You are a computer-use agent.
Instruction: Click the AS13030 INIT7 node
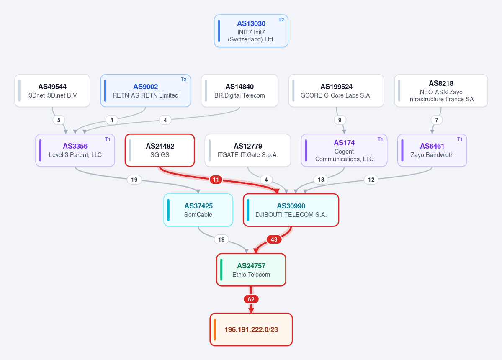pyautogui.click(x=251, y=31)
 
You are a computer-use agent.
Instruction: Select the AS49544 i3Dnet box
pyautogui.click(x=52, y=91)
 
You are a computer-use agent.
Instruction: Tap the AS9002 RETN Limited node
pyautogui.click(x=146, y=91)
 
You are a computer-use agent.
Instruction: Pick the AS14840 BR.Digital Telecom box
pyautogui.click(x=239, y=91)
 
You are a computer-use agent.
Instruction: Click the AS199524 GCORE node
pyautogui.click(x=336, y=91)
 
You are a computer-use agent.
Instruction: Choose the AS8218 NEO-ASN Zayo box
pyautogui.click(x=441, y=91)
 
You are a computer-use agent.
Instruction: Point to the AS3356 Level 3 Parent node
pyautogui.click(x=75, y=150)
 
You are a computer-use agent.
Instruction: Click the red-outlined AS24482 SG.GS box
pyautogui.click(x=160, y=150)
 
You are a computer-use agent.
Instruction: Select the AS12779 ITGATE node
pyautogui.click(x=248, y=150)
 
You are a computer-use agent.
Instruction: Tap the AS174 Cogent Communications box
pyautogui.click(x=344, y=150)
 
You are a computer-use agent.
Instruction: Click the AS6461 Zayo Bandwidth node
pyautogui.click(x=432, y=150)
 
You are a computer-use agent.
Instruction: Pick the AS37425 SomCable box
pyautogui.click(x=198, y=210)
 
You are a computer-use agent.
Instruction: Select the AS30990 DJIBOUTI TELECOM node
pyautogui.click(x=291, y=210)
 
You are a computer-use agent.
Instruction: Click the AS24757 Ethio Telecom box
pyautogui.click(x=251, y=270)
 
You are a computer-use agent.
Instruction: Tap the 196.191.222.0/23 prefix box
pyautogui.click(x=251, y=329)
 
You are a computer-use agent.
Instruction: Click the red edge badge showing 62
pyautogui.click(x=251, y=299)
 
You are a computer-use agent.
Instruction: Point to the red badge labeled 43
pyautogui.click(x=274, y=239)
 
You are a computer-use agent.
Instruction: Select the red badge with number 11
pyautogui.click(x=216, y=180)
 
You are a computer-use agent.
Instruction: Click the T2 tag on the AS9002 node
pyautogui.click(x=183, y=80)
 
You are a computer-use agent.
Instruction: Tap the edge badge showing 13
pyautogui.click(x=321, y=180)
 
